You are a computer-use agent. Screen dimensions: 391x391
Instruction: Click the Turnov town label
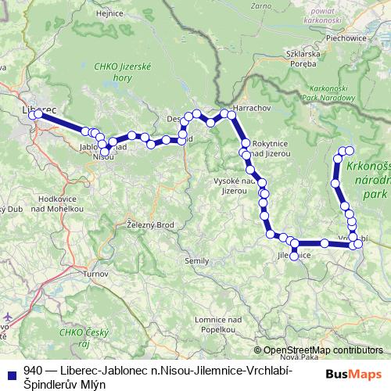pyautogui.click(x=96, y=274)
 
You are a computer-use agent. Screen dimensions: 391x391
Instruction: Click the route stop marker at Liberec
pyautogui.click(x=38, y=115)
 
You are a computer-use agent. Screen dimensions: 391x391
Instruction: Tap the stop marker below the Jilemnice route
pyautogui.click(x=294, y=256)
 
